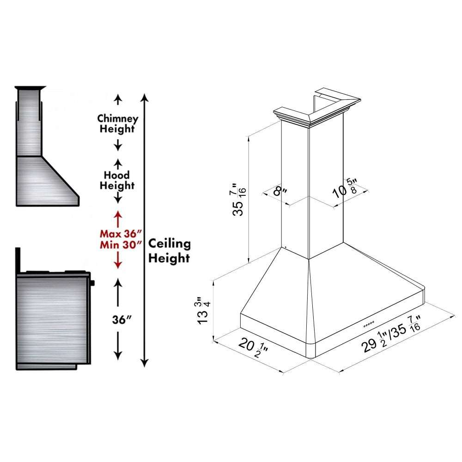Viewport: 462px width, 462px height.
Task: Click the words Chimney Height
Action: click(x=117, y=124)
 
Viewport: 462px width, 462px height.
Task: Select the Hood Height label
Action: click(x=117, y=180)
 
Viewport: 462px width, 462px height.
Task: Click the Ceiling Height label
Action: click(x=169, y=251)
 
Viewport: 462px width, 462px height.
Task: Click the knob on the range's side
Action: click(x=92, y=283)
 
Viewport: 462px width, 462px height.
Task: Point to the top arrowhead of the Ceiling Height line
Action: click(x=145, y=98)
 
